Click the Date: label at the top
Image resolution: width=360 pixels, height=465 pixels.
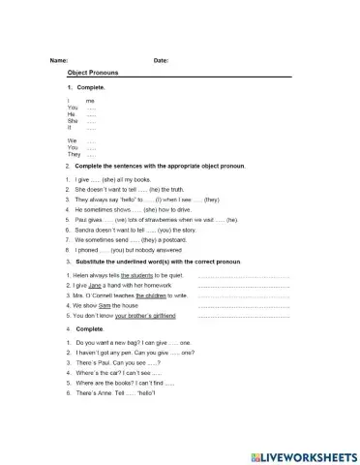pyautogui.click(x=161, y=61)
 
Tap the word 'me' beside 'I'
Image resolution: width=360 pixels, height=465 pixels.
pyautogui.click(x=90, y=100)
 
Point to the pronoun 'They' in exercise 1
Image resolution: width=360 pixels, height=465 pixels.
pyautogui.click(x=74, y=154)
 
